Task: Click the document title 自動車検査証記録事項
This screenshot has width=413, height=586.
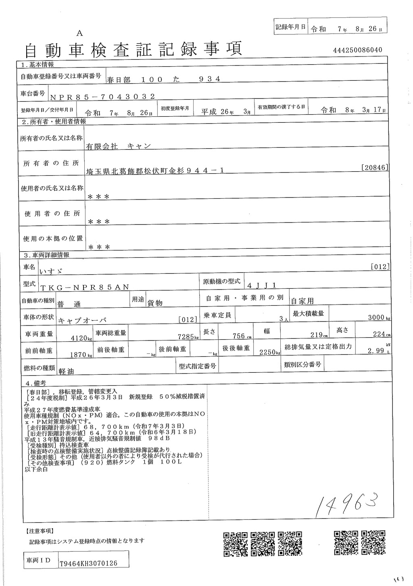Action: coord(133,50)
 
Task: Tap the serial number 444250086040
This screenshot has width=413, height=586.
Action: coord(358,50)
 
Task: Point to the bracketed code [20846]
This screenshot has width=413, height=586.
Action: coord(375,167)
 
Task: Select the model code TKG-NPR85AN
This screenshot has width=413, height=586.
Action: coord(85,287)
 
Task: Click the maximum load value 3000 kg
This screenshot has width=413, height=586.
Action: coord(378,318)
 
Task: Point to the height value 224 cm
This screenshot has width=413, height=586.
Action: coord(380,335)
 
